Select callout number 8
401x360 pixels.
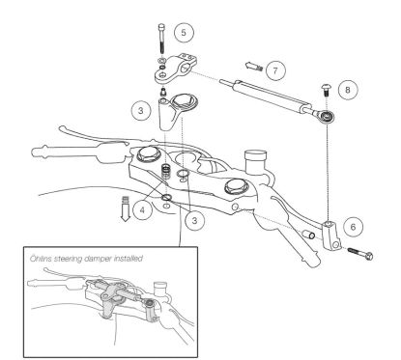pos(349,88)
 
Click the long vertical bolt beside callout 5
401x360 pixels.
pos(158,37)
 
